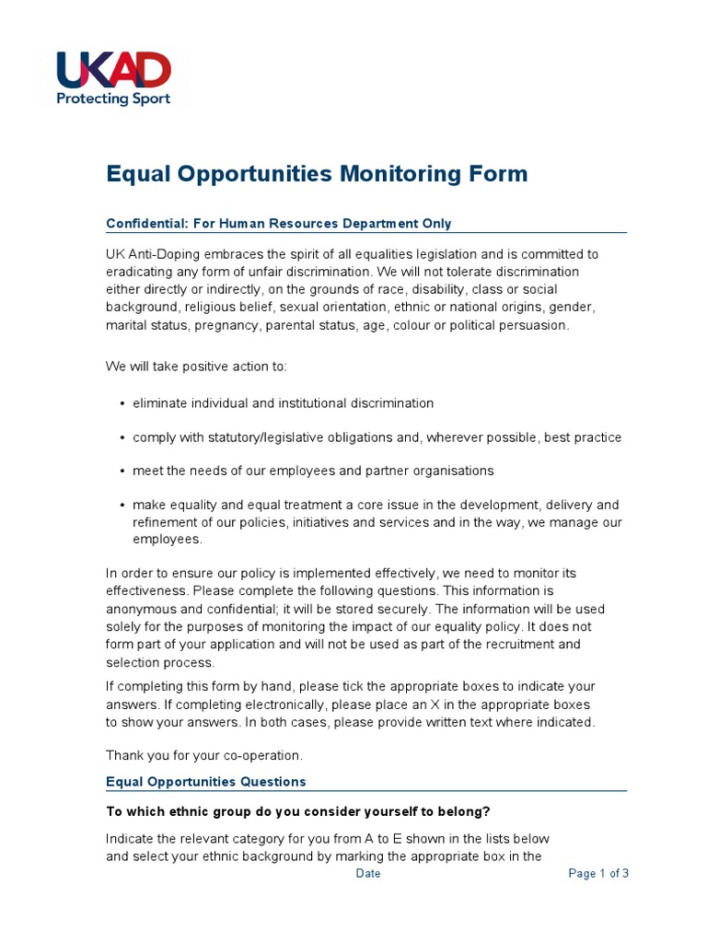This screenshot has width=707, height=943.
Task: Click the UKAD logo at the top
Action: [x=113, y=70]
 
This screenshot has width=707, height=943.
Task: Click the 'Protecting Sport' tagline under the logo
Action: [x=113, y=99]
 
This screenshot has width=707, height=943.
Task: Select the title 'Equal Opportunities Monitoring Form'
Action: [x=317, y=174]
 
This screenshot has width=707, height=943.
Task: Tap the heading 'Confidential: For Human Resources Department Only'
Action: [x=278, y=224]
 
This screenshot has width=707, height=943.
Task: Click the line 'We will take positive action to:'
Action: [x=196, y=367]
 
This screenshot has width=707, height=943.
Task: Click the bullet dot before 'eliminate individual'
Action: [x=123, y=404]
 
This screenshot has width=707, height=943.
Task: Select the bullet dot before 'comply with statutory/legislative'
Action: [x=123, y=438]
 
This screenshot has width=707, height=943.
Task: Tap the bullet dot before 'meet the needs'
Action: [x=123, y=471]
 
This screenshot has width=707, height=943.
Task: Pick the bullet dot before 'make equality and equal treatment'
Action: [x=123, y=506]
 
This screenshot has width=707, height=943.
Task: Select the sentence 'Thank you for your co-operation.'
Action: [x=203, y=755]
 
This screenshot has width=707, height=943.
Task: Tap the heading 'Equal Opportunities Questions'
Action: [x=205, y=782]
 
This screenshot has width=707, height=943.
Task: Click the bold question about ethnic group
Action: [x=298, y=811]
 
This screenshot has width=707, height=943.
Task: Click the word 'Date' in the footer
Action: [x=368, y=874]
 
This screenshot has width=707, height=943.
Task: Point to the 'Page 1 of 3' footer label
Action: [x=598, y=874]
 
